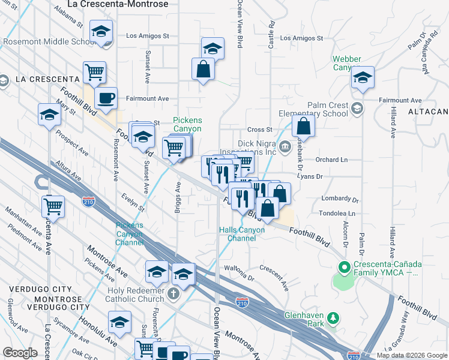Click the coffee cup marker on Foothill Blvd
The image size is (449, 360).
click(x=106, y=98)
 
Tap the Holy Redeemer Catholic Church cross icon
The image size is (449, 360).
click(x=174, y=293)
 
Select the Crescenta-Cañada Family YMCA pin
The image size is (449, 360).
click(x=344, y=267)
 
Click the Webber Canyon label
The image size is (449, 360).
click(x=347, y=63)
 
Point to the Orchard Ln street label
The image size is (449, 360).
click(x=331, y=160)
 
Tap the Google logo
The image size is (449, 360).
click(x=20, y=353)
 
